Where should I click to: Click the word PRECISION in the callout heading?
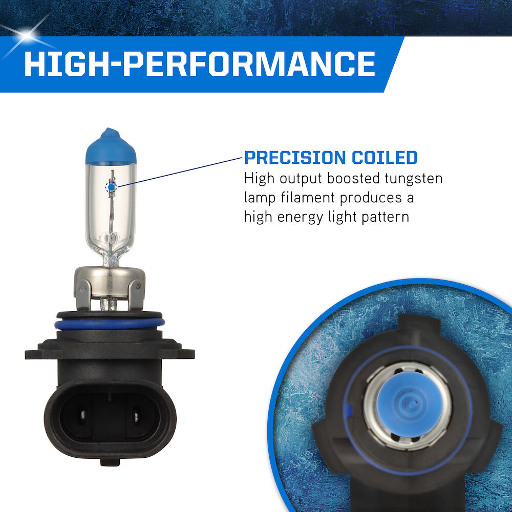click(294, 158)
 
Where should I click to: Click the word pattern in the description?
click(386, 217)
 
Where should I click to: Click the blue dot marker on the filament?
click(111, 187)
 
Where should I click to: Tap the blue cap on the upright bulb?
click(111, 146)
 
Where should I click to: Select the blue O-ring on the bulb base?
click(110, 324)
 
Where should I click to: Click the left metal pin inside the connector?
click(83, 415)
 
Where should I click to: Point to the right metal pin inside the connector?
click(136, 416)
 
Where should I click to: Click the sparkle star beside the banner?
click(27, 35)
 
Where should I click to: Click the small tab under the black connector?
click(110, 462)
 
